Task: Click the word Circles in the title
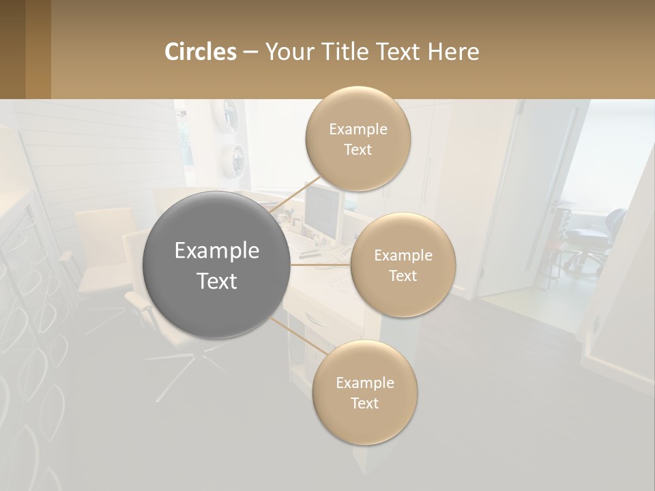pyautogui.click(x=200, y=52)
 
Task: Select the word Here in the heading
pyautogui.click(x=453, y=52)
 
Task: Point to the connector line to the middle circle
pyautogui.click(x=321, y=264)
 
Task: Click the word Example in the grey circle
pyautogui.click(x=216, y=250)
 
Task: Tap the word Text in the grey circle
pyautogui.click(x=216, y=280)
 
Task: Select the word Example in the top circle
pyautogui.click(x=358, y=129)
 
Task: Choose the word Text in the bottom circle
pyautogui.click(x=364, y=403)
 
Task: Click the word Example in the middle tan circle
pyautogui.click(x=403, y=255)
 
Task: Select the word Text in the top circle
pyautogui.click(x=358, y=149)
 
